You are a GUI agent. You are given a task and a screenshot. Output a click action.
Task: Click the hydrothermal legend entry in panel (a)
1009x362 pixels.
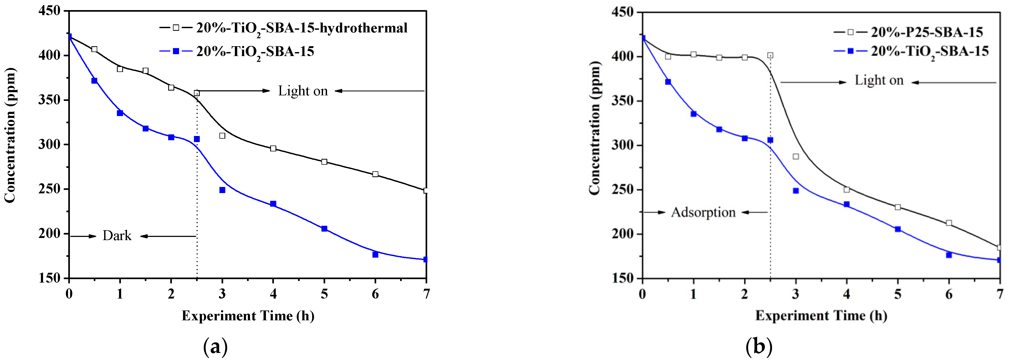(302, 28)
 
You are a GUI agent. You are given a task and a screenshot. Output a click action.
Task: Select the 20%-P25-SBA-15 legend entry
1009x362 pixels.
(926, 32)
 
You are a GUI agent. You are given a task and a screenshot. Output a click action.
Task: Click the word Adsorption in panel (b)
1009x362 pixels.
(703, 212)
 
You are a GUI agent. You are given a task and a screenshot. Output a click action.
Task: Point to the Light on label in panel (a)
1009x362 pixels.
(303, 91)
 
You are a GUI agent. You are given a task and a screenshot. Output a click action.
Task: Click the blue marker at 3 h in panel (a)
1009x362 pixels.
(222, 190)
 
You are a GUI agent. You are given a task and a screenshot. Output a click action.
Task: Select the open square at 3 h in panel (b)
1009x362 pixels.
(795, 157)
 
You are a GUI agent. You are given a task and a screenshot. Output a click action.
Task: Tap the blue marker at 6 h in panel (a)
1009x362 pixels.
(375, 255)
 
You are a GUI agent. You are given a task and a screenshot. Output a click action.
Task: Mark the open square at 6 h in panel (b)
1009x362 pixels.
(949, 223)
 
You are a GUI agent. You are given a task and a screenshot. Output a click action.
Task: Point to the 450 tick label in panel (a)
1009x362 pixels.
(49, 11)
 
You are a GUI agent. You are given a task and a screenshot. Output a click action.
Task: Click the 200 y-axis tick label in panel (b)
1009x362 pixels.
(622, 234)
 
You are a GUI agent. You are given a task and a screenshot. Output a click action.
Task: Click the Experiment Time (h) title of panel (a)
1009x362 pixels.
(248, 316)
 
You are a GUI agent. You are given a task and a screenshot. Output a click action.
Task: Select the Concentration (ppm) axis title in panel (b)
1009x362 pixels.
(594, 129)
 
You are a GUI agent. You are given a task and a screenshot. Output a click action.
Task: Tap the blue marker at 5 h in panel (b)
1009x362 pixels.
(898, 229)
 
